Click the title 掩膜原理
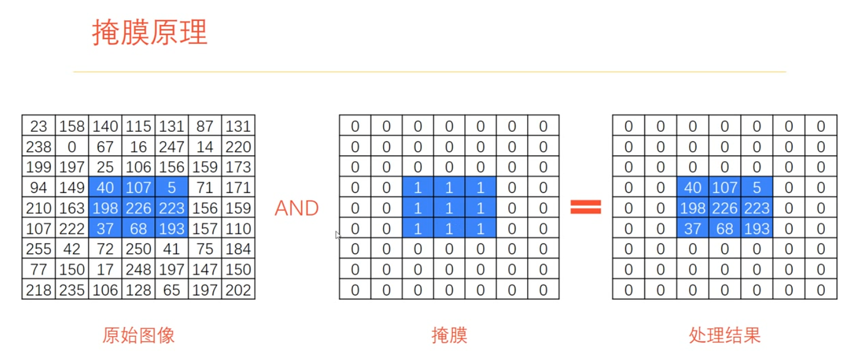(150, 32)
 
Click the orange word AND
(296, 208)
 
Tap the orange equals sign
(586, 207)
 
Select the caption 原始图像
(138, 335)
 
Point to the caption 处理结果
(725, 335)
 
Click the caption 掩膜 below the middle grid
(449, 335)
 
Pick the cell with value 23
(39, 126)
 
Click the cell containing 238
(39, 147)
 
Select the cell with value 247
(172, 147)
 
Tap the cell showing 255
(39, 249)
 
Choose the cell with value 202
(238, 290)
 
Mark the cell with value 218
(39, 290)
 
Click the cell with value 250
(139, 249)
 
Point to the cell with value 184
(238, 249)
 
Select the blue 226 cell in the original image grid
(139, 208)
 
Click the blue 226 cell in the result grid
(725, 208)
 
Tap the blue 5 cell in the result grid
(757, 188)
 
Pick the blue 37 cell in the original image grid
(105, 229)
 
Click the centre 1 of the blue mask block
(449, 208)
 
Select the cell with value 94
(39, 188)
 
